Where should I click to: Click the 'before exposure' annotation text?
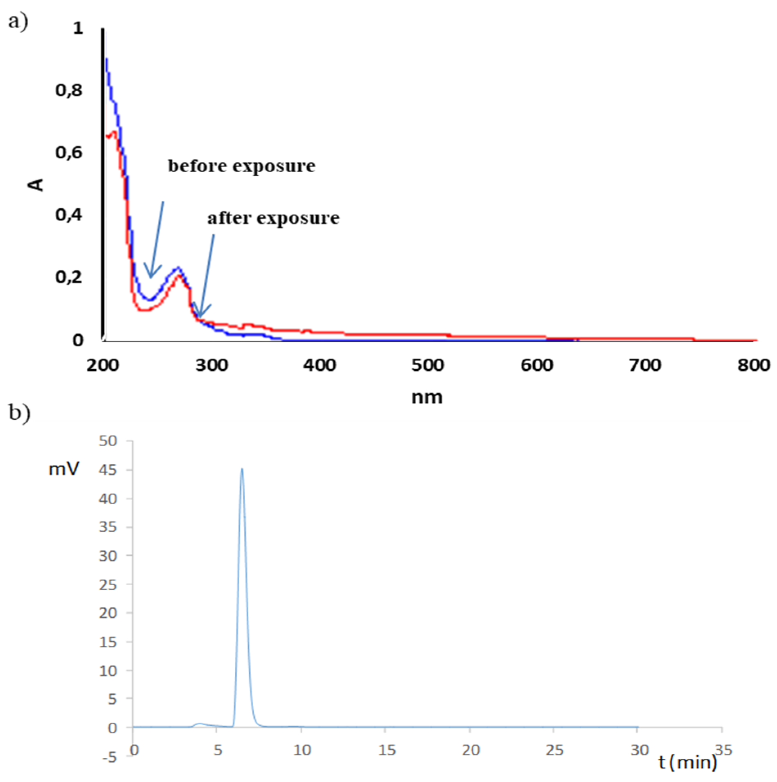click(241, 166)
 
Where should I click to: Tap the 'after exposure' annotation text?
click(273, 218)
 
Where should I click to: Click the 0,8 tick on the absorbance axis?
click(69, 90)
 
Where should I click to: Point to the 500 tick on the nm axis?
click(428, 365)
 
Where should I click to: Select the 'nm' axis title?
click(427, 397)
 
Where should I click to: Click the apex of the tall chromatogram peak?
click(242, 469)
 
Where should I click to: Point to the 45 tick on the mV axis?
click(108, 470)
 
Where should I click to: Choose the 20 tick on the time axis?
click(471, 750)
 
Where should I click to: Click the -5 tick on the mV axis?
click(110, 757)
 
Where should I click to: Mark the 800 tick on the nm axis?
click(754, 365)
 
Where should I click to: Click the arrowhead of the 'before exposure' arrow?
click(151, 276)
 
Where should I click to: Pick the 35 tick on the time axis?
click(723, 750)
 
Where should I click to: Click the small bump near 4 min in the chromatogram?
click(200, 724)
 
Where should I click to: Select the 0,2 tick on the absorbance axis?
click(69, 277)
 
